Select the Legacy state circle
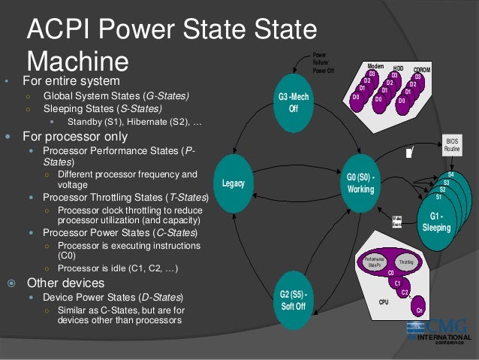233,183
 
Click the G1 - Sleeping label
436,221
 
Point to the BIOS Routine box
452,145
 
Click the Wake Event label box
396,221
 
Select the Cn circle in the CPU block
420,309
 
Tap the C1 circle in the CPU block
398,283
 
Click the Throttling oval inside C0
405,262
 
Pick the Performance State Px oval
374,262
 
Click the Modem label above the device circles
375,67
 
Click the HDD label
398,68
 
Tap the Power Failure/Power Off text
324,62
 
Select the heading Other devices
65,283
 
